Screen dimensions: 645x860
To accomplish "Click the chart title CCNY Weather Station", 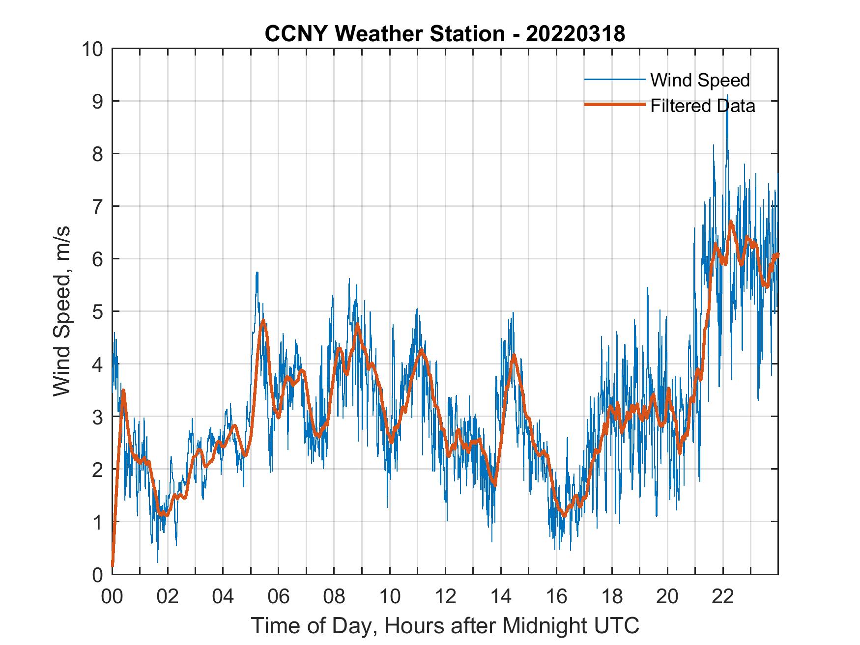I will (x=384, y=34).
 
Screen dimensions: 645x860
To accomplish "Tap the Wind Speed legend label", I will (x=700, y=80).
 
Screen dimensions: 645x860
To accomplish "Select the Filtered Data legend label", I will (x=702, y=106).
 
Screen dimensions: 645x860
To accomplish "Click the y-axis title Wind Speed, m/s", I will (x=62, y=311).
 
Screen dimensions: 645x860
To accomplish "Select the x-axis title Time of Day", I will (x=445, y=625).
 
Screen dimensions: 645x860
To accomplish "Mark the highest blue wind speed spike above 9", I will (x=727, y=96).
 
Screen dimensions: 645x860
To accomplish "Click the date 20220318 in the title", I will (x=575, y=34).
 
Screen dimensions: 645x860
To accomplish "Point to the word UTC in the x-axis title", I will (x=617, y=625).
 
